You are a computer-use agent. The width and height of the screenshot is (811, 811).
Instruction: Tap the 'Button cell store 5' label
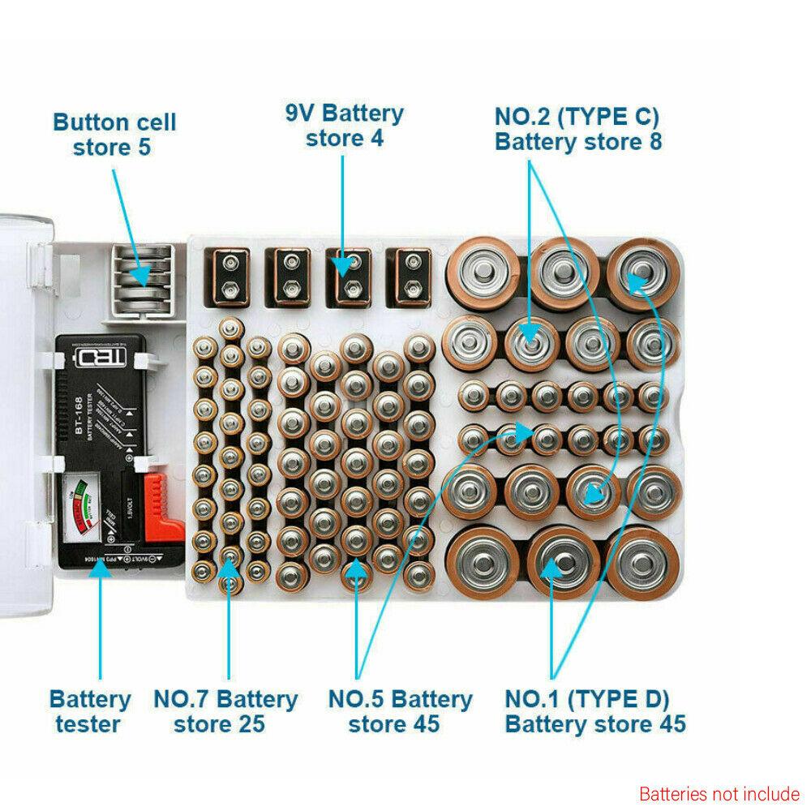tap(114, 135)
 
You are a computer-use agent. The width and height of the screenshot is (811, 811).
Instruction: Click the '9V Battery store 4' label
tap(343, 125)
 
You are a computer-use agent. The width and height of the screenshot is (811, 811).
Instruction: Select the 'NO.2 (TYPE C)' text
tap(577, 117)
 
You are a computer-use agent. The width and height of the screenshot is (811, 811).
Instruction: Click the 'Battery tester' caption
tap(90, 710)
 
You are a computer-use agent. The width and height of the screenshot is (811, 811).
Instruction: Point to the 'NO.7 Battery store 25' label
tap(225, 710)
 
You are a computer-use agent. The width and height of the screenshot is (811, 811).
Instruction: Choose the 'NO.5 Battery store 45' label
tap(400, 710)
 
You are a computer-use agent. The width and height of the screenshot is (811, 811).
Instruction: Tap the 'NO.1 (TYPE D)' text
tap(587, 698)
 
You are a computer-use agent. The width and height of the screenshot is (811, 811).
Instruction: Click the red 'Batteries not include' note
tap(719, 793)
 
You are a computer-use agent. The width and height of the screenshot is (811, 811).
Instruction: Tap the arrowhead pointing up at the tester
tap(100, 571)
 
